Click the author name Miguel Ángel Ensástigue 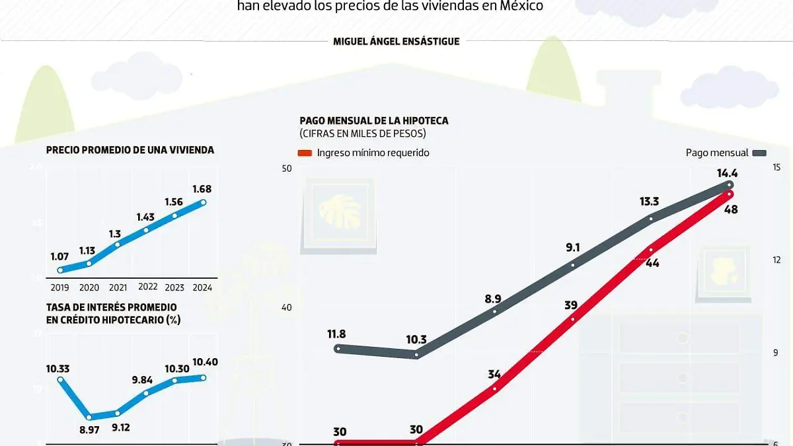(x=397, y=41)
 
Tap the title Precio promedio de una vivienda (x=130, y=150)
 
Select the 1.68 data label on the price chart (x=201, y=189)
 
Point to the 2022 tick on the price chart (x=148, y=287)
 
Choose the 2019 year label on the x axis (x=60, y=287)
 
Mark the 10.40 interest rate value (x=204, y=362)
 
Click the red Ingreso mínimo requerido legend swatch (x=305, y=153)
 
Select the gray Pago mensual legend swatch (x=759, y=153)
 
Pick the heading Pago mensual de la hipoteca (x=374, y=120)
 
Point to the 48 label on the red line (x=731, y=209)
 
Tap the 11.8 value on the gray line (x=336, y=334)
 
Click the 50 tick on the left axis (x=287, y=168)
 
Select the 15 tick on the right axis (x=777, y=168)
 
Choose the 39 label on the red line (x=571, y=305)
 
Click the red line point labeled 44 (x=651, y=250)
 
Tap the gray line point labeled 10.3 (x=416, y=355)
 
